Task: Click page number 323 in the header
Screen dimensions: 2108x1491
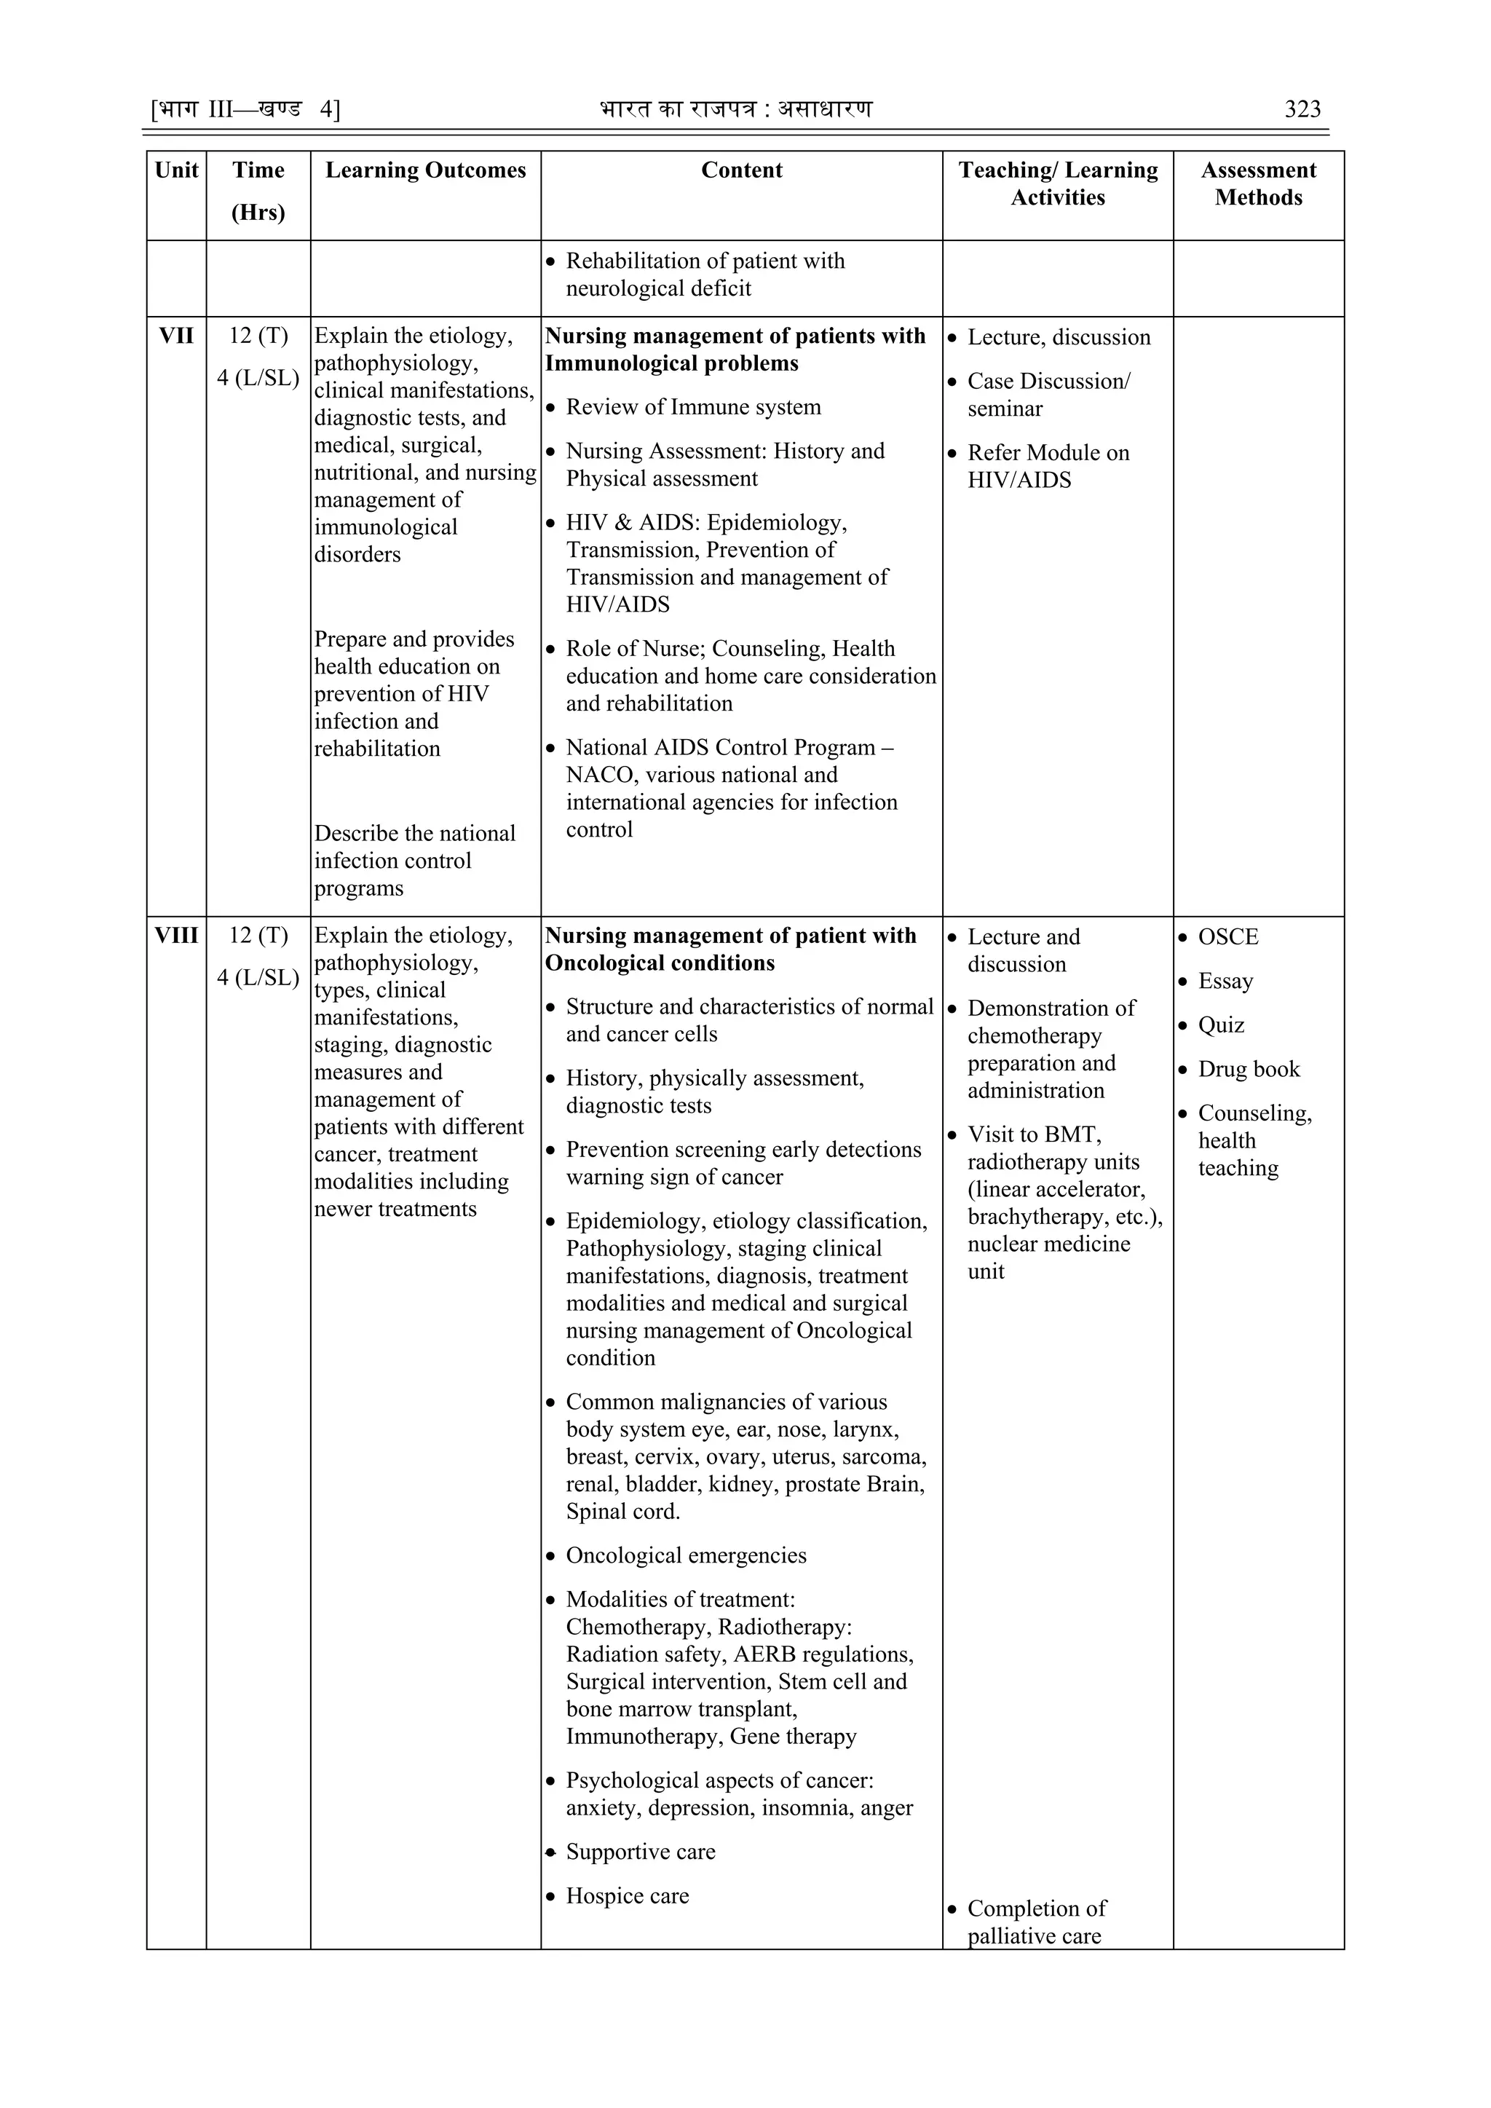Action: tap(1302, 110)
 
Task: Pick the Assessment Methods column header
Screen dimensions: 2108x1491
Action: tap(1258, 183)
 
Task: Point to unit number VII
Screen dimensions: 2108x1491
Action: tap(176, 336)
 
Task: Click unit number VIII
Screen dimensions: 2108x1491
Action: tap(176, 936)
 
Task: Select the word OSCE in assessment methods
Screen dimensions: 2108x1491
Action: tap(1227, 936)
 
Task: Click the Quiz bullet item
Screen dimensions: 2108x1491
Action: tap(1221, 1025)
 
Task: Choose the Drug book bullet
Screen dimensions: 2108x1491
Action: tap(1249, 1069)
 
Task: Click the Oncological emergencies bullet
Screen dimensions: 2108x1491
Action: tap(686, 1555)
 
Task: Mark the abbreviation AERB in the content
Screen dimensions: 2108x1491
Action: tap(764, 1654)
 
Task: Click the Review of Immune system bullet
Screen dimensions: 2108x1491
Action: tap(693, 407)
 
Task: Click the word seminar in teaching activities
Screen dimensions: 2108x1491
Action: tap(1005, 408)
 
